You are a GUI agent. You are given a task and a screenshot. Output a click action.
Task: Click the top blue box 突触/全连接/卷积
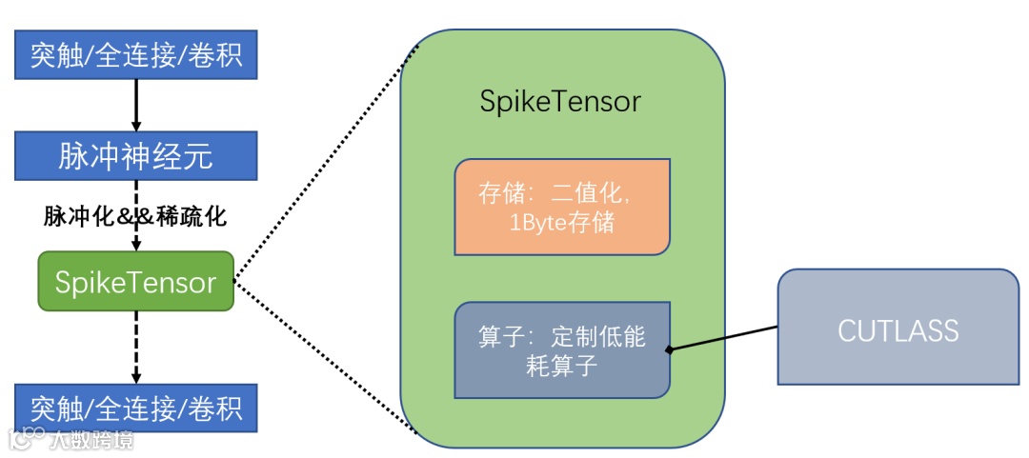135,54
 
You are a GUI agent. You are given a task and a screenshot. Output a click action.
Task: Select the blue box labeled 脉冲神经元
135,156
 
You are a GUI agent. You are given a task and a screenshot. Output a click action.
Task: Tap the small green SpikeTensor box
135,282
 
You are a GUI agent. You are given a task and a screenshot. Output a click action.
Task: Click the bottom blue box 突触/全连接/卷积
135,408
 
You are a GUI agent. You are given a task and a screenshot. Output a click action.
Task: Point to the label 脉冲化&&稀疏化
135,216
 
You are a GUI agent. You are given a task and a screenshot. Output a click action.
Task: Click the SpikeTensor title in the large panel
560,102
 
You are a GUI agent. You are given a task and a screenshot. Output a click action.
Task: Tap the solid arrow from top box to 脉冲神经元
135,105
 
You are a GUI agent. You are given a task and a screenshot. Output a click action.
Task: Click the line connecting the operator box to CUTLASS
724,338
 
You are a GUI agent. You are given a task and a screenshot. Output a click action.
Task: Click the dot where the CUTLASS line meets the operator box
670,350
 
